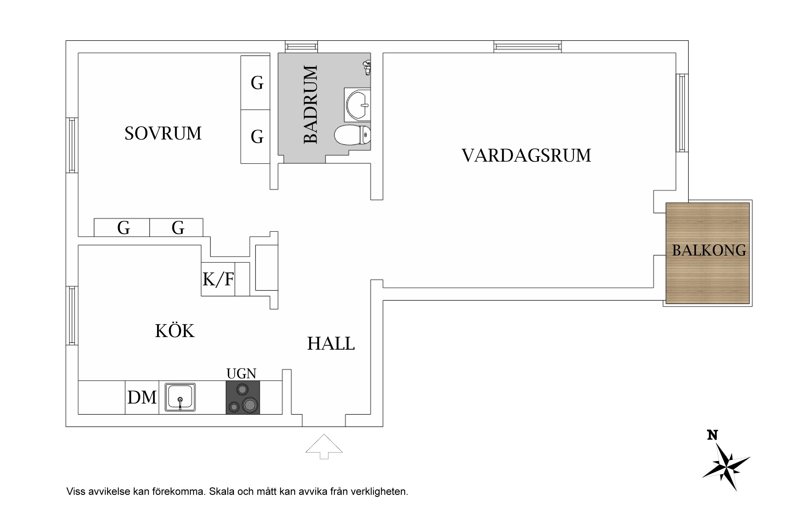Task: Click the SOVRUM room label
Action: pos(163,133)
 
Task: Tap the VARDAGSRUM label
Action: pos(526,155)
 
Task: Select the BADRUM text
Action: pos(311,104)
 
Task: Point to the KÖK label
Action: pos(175,331)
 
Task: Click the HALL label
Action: pos(331,344)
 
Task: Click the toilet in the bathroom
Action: pos(352,135)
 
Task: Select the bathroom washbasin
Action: pos(357,105)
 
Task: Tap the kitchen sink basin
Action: pos(180,397)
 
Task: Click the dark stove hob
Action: pos(243,397)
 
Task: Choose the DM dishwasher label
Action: pos(142,398)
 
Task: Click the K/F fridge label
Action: pos(218,279)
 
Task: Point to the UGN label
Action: pos(241,374)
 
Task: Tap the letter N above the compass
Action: pos(712,435)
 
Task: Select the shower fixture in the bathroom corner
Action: pos(367,68)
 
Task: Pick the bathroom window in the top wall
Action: pos(301,47)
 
